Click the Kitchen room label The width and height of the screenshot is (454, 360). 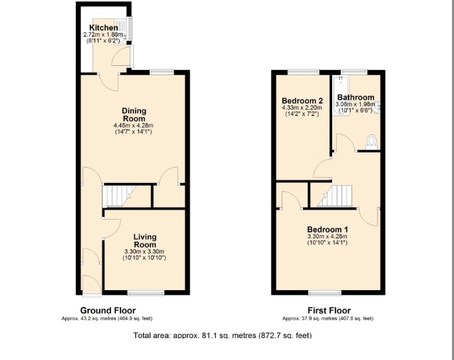[104, 28]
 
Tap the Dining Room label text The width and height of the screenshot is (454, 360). [134, 114]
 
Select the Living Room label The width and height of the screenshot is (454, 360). [144, 241]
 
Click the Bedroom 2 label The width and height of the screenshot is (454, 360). [302, 100]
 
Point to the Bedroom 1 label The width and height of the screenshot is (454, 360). [328, 230]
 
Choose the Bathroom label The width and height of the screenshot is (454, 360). [356, 97]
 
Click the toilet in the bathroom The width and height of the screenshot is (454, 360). [371, 142]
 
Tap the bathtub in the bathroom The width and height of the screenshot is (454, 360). [341, 96]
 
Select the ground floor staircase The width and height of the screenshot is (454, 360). [119, 196]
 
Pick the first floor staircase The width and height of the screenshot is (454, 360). [335, 196]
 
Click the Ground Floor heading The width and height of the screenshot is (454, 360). [108, 311]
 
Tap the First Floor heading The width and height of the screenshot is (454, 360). [329, 311]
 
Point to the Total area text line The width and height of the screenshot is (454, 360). [222, 335]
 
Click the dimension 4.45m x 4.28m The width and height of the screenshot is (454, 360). [134, 126]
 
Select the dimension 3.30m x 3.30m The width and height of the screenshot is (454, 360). [144, 252]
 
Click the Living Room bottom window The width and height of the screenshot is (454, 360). [146, 293]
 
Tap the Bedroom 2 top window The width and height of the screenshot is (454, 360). [304, 72]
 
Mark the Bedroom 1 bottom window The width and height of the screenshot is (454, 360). [325, 293]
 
